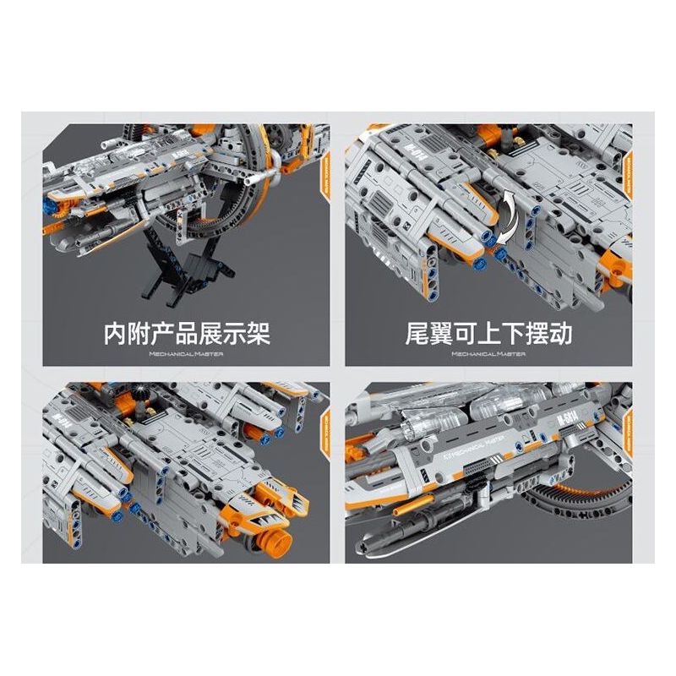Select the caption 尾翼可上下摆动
click(x=488, y=333)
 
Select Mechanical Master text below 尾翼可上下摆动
click(x=488, y=354)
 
